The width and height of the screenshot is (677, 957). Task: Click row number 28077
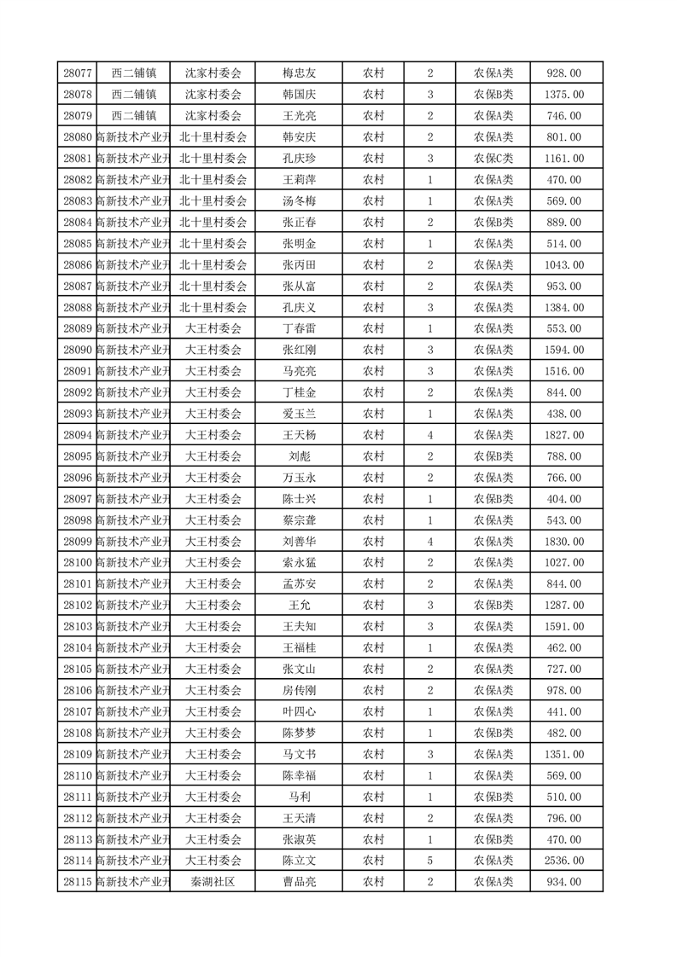coord(78,74)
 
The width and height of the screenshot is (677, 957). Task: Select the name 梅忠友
coord(299,74)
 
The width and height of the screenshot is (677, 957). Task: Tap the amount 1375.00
coord(563,95)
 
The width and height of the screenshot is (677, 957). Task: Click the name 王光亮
coord(299,116)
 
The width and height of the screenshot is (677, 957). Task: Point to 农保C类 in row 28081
coord(493,159)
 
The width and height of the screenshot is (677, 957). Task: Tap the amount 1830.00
coord(563,542)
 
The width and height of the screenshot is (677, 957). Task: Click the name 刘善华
coord(299,542)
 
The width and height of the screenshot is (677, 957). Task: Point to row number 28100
coord(78,563)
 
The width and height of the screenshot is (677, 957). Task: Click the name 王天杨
coord(299,435)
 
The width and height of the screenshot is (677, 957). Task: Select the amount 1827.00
coord(563,435)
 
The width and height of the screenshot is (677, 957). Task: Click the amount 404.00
coord(563,499)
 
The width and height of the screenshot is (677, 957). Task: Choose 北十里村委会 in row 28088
coord(213,308)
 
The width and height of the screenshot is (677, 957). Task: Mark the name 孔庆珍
coord(299,159)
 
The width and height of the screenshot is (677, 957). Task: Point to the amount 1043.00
coord(563,265)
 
